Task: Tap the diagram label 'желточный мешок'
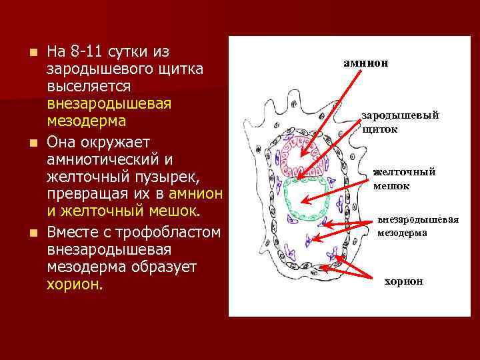(404, 179)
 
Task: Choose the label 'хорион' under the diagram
(403, 281)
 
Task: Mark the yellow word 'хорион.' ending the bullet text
(75, 285)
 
